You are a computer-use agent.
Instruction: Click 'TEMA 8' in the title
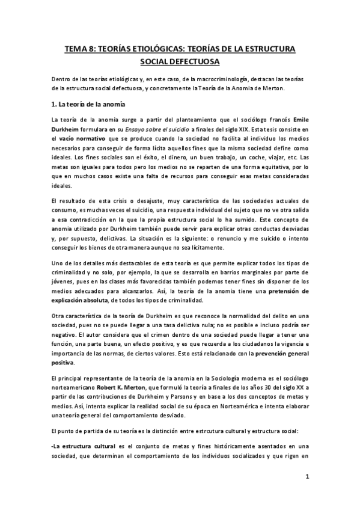[81, 49]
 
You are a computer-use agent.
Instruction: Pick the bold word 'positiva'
[63, 363]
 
